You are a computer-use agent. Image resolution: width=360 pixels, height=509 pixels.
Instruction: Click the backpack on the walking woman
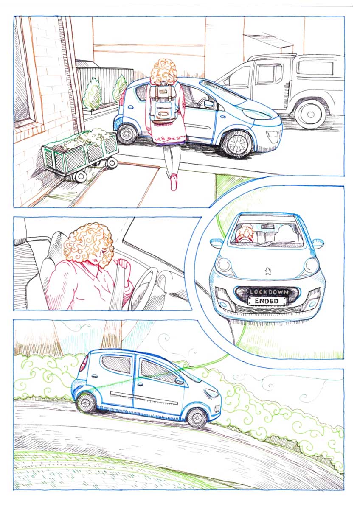pos(163,102)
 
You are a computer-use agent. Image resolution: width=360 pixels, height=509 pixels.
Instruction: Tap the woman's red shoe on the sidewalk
pos(174,182)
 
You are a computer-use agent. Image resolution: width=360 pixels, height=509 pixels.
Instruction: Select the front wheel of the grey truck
pos(310,115)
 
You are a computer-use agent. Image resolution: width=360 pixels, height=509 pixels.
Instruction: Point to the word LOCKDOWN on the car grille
pos(269,292)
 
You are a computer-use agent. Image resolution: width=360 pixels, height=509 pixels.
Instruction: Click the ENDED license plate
pos(267,301)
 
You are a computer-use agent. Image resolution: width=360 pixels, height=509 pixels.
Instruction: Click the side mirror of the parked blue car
pos(209,104)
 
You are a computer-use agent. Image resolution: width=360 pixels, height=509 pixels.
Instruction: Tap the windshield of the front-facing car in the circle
pos(267,230)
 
